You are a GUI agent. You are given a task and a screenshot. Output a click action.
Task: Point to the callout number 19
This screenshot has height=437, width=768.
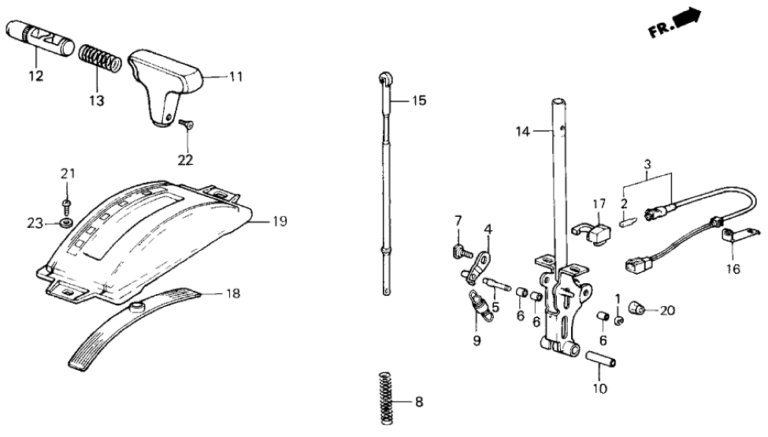click(280, 222)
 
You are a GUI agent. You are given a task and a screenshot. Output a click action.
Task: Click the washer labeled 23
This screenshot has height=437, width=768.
click(66, 222)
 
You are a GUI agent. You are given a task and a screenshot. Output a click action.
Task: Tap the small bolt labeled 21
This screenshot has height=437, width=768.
click(66, 206)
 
